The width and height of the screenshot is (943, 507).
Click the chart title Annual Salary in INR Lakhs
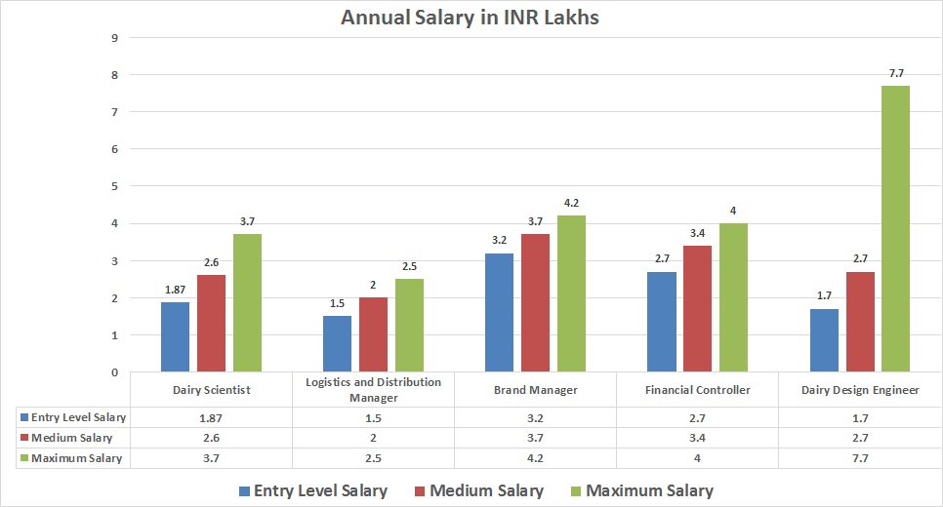470,18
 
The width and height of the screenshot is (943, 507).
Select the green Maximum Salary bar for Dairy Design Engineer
895,228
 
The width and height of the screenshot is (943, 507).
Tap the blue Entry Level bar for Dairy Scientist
175,336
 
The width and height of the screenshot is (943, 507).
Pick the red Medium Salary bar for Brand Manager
536,302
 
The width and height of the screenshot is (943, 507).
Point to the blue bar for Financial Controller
662,322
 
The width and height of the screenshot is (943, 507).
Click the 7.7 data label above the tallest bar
895,76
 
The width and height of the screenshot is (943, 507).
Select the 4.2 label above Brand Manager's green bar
571,204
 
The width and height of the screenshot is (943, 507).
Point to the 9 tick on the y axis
115,38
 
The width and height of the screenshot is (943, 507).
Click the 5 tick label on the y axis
115,186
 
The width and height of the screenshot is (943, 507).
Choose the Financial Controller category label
697,390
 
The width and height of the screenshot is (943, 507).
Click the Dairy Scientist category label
211,390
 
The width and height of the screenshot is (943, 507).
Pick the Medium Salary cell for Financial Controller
697,438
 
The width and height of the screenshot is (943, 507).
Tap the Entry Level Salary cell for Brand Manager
535,417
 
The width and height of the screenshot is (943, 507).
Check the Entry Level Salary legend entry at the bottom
313,490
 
